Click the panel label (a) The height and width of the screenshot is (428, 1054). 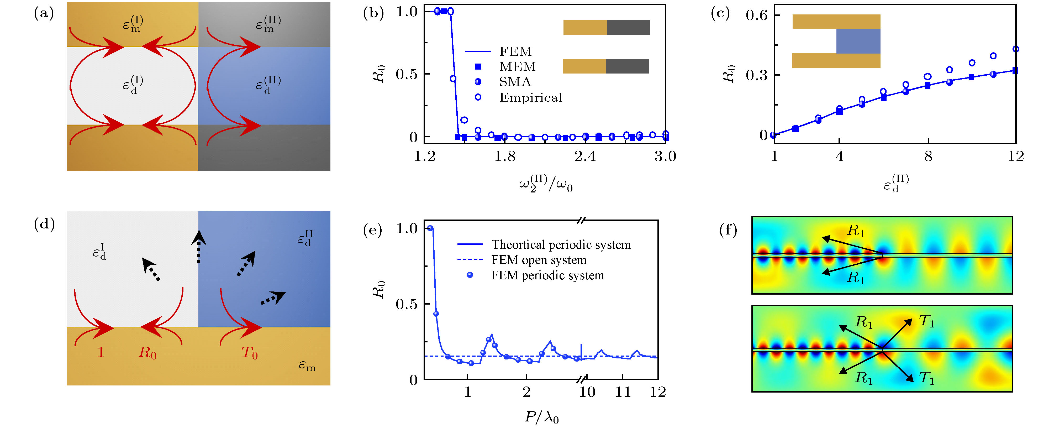coord(44,14)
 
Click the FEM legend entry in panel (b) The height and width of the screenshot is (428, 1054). coord(515,51)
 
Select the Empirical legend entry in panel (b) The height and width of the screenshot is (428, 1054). coord(530,97)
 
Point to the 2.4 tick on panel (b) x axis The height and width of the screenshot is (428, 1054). coord(585,156)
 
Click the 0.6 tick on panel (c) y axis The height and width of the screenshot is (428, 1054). coord(757,15)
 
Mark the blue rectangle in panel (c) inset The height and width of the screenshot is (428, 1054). coord(858,41)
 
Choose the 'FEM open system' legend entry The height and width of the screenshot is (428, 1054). coord(539,260)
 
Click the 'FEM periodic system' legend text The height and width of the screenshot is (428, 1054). coord(547,276)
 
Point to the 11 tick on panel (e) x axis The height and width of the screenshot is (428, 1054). coord(623,392)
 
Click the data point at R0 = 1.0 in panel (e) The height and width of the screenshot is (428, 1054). coord(430,228)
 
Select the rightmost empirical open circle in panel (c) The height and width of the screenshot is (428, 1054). coord(1015,49)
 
